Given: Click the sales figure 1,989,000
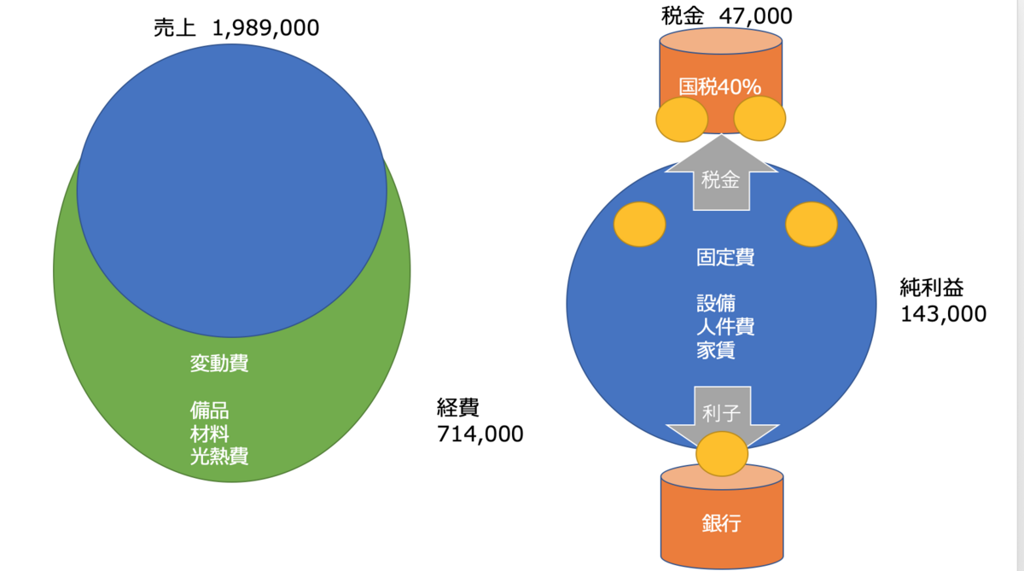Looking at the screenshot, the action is coord(265,28).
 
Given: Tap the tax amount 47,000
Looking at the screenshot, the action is coord(756,16).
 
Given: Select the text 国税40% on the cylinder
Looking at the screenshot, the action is coord(720,87).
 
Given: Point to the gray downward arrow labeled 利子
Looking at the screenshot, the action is coord(722,413).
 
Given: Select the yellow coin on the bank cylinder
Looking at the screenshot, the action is coord(722,454).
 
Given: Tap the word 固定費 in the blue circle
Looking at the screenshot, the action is coord(725,258).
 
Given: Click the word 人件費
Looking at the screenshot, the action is coord(725,327).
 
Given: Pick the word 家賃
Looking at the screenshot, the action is coord(716,350).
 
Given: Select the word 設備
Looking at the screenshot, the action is coord(716,303).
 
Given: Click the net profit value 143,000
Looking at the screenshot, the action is coord(943,314).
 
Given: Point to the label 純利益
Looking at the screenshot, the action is coord(932,288).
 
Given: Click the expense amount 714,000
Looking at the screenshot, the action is coord(480,434).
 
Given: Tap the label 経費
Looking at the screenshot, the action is coord(458,407).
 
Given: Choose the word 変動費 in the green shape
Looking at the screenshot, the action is coord(219,364).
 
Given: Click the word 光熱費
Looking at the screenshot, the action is coord(219,456).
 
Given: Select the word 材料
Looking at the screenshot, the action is coord(209,434).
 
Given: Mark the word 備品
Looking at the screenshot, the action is coord(209,411).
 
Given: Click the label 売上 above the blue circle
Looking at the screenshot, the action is coord(175,28).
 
